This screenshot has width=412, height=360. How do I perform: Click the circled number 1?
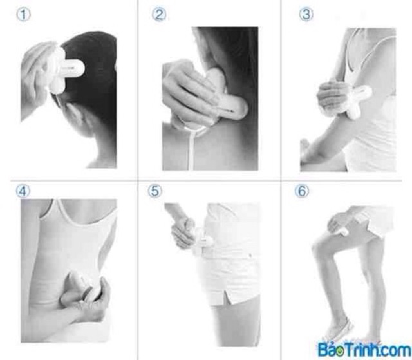24,15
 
